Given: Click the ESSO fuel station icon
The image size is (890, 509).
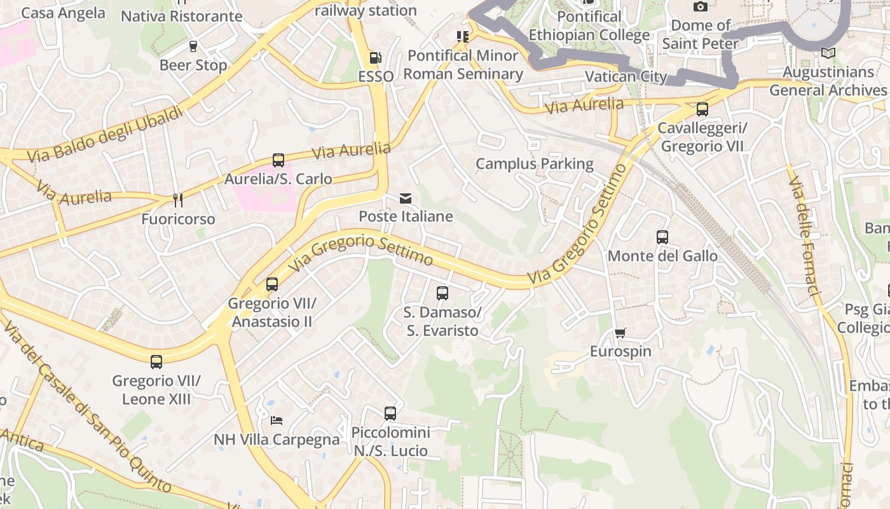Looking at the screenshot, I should pyautogui.click(x=376, y=58).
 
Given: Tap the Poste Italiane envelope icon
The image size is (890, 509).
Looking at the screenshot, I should pyautogui.click(x=406, y=199).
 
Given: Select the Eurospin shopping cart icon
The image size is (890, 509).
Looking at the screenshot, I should pyautogui.click(x=620, y=333).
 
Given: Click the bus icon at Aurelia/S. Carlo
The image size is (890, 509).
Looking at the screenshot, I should pyautogui.click(x=278, y=160).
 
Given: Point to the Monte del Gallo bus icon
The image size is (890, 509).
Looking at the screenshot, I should pyautogui.click(x=662, y=237).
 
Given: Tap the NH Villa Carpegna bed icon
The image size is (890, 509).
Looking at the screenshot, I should pyautogui.click(x=277, y=420).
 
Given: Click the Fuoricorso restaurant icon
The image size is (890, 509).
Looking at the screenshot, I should pyautogui.click(x=178, y=200).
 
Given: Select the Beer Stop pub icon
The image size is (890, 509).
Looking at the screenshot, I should pyautogui.click(x=193, y=46).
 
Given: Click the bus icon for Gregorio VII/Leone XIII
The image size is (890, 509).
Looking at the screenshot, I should pyautogui.click(x=156, y=362).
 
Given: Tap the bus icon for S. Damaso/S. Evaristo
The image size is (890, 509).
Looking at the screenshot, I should pyautogui.click(x=442, y=293).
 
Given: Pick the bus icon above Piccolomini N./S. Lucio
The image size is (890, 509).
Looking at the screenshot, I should pyautogui.click(x=390, y=414).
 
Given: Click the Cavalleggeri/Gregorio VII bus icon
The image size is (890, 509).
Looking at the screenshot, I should pyautogui.click(x=702, y=109).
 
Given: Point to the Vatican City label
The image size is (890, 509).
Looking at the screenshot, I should pyautogui.click(x=626, y=77).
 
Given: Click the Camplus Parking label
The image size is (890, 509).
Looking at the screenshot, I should pyautogui.click(x=535, y=164).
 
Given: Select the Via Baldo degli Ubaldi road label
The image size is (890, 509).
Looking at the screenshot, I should pyautogui.click(x=105, y=134).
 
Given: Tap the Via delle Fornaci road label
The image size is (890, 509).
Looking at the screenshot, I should pyautogui.click(x=805, y=235).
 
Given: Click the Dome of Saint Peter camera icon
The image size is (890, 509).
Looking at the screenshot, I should pyautogui.click(x=701, y=7).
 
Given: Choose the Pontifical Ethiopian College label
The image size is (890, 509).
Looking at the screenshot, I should pyautogui.click(x=589, y=26).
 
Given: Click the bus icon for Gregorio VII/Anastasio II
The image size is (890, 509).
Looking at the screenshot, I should pyautogui.click(x=272, y=284).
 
